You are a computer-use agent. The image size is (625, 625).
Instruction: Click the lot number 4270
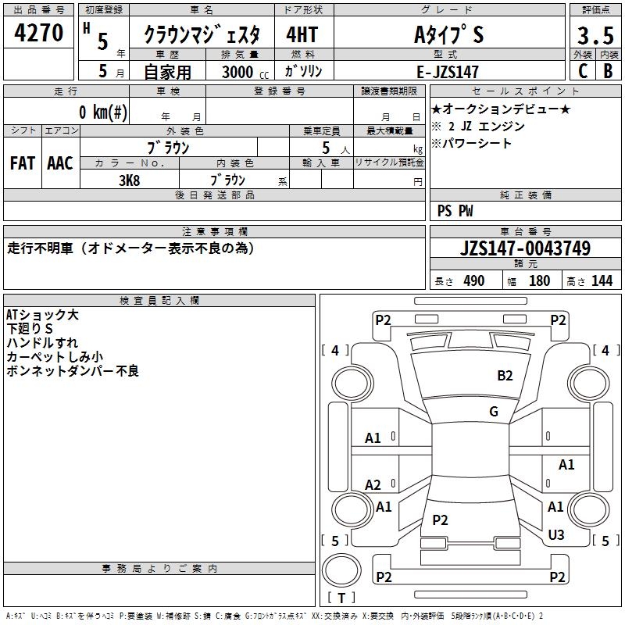coord(39,34)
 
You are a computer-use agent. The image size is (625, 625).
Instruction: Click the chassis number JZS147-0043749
coord(525,249)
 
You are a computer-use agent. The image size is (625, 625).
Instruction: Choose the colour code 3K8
coord(130,180)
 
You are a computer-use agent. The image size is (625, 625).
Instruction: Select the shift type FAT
coord(23,163)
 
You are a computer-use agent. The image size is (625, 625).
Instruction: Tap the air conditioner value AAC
coord(60,163)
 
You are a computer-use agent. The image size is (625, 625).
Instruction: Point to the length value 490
coord(473,280)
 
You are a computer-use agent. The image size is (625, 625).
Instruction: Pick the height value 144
coord(602,280)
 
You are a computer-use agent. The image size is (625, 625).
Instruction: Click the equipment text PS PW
coord(455,211)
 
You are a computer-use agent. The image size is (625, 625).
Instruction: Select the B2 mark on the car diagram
coord(505,376)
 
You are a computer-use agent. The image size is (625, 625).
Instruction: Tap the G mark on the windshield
coord(494,412)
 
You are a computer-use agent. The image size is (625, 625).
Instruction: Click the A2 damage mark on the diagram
coord(373,485)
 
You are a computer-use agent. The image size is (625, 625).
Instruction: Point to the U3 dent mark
coord(556,535)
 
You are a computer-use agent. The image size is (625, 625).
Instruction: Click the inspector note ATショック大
coord(42,315)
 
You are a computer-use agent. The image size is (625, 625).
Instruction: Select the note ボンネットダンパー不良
coord(72,371)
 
